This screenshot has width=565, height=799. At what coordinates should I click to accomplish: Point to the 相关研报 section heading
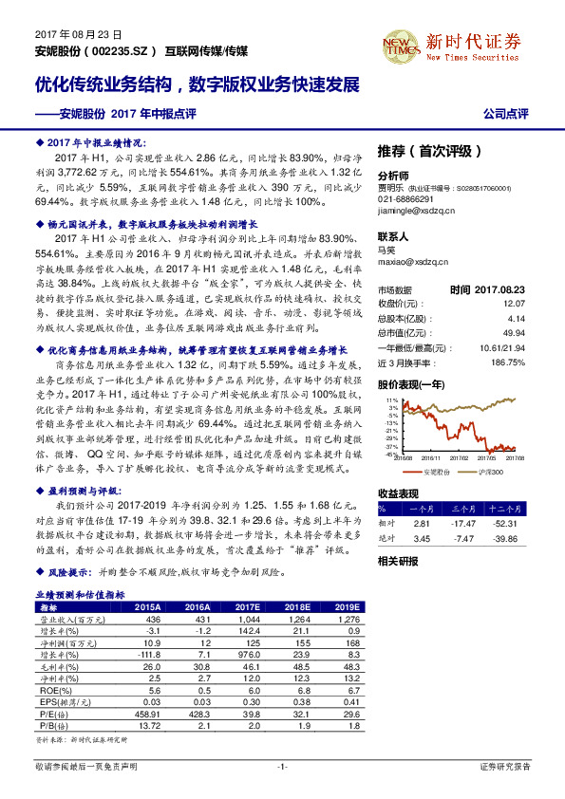(x=398, y=561)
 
